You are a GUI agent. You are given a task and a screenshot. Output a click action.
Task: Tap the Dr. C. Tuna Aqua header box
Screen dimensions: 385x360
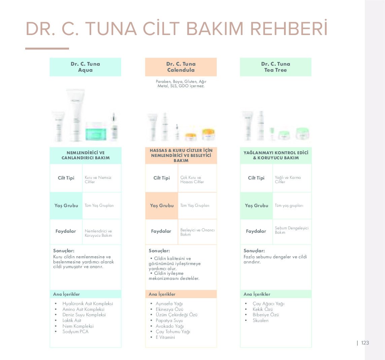point(85,67)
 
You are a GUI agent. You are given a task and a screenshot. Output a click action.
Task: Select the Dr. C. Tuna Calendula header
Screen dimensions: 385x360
point(181,67)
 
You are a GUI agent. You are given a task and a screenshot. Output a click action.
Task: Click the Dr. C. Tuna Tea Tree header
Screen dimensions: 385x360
point(276,67)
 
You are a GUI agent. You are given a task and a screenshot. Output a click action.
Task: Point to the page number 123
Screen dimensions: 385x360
point(365,343)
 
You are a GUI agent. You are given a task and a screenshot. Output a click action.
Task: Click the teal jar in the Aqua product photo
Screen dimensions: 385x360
point(96,131)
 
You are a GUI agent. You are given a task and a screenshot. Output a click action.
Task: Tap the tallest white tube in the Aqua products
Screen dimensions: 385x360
point(76,115)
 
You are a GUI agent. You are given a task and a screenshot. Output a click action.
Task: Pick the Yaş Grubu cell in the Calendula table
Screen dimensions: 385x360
point(162,206)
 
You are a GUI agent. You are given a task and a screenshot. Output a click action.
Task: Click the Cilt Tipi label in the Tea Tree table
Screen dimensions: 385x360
point(256,178)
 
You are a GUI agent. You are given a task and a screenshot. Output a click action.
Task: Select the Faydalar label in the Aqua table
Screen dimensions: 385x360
point(66,231)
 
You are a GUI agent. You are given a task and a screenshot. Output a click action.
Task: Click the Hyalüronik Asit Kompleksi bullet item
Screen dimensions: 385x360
point(87,304)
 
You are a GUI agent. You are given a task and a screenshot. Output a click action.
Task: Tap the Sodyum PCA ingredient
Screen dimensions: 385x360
point(75,331)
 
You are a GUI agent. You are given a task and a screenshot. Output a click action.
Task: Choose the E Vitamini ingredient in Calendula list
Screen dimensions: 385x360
point(165,337)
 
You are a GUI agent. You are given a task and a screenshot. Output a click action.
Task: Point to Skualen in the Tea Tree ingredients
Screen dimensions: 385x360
point(260,321)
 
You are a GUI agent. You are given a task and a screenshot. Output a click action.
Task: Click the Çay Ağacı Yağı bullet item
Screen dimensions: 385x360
point(268,304)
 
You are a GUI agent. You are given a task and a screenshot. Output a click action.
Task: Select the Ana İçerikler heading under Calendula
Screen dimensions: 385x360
point(162,294)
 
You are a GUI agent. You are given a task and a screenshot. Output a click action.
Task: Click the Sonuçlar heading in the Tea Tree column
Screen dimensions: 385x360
point(254,251)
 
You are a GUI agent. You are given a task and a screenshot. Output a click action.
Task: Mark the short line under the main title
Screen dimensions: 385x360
point(47,48)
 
